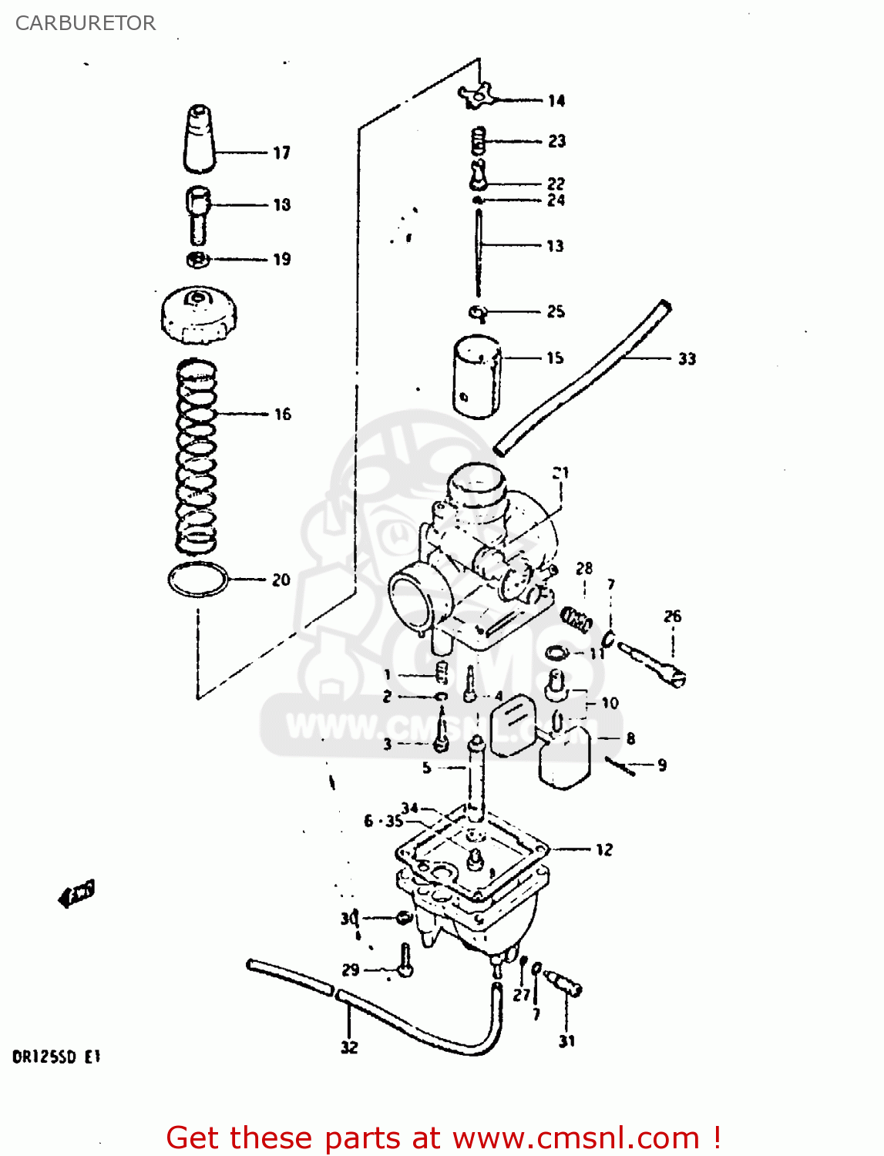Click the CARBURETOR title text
pos(85,23)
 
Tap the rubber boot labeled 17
pos(200,139)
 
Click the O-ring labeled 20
pos(198,580)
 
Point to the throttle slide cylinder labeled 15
pos(477,377)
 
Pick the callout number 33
pos(687,358)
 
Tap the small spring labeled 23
pos(479,140)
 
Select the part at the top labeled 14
pos(476,96)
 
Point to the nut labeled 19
pos(198,259)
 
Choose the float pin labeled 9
pos(621,765)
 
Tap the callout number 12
pos(604,849)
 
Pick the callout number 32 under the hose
pos(349,1047)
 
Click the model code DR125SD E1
pos(56,1057)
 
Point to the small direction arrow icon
pos(77,893)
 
